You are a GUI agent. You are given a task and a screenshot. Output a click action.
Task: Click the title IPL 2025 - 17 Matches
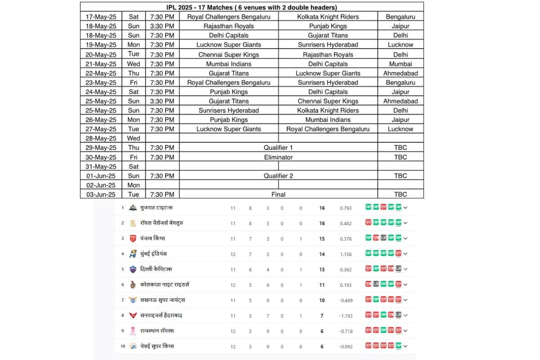252,7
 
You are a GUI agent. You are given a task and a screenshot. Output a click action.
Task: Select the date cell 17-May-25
101,17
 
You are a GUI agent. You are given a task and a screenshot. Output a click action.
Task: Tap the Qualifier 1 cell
278,148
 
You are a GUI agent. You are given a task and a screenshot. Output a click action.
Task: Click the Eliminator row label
278,157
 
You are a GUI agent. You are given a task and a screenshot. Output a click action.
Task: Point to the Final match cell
278,194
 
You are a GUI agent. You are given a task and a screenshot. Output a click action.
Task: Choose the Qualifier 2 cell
278,176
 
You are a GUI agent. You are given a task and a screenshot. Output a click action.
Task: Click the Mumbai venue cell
400,64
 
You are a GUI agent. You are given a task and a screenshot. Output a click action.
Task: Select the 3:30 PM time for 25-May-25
162,101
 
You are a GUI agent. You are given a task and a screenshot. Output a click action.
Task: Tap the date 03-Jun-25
101,194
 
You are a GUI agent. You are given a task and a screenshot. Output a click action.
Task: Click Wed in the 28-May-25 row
134,139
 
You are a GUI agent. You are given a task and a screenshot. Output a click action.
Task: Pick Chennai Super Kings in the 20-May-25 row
229,54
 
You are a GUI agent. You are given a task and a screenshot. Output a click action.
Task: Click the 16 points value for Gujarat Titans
322,208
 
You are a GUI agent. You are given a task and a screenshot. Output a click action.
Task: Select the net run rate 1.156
346,254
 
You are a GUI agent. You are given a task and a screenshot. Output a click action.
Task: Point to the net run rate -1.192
346,316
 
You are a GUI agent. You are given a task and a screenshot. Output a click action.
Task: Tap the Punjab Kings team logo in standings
133,238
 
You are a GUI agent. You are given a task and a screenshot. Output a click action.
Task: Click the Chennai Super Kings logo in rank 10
133,346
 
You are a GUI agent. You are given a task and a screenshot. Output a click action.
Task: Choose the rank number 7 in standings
122,300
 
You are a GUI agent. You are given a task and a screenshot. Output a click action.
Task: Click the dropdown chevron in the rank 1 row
405,208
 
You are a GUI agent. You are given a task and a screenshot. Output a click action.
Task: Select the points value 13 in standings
322,270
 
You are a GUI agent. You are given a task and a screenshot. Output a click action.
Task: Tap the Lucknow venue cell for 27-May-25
400,129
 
